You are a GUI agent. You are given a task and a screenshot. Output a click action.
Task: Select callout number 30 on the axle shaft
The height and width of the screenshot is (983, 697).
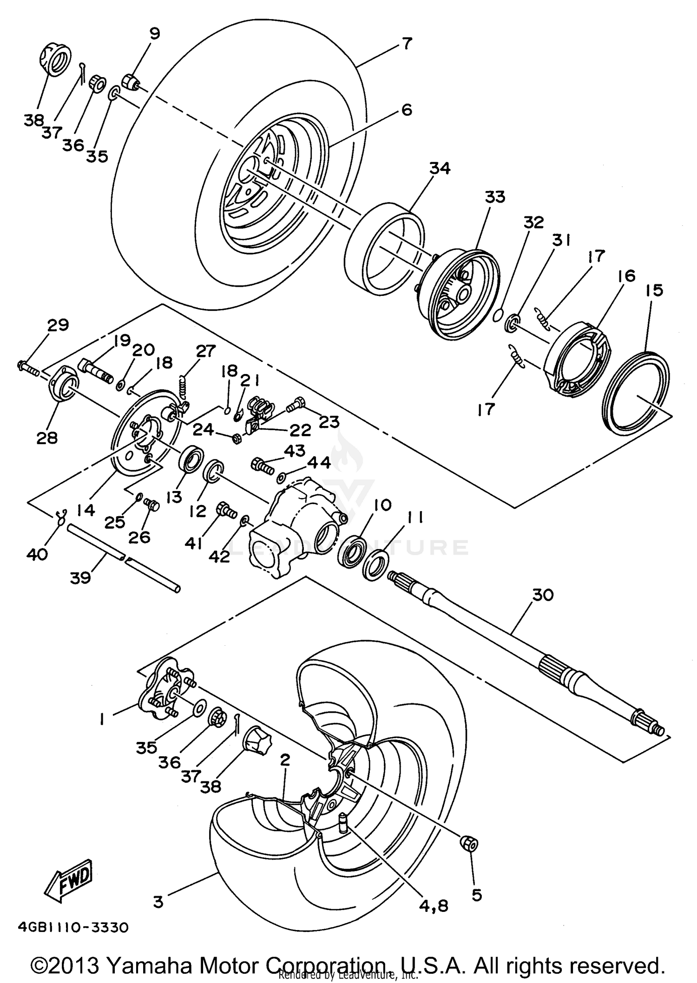542,595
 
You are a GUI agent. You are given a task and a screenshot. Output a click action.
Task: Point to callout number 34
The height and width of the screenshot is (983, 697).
440,168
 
